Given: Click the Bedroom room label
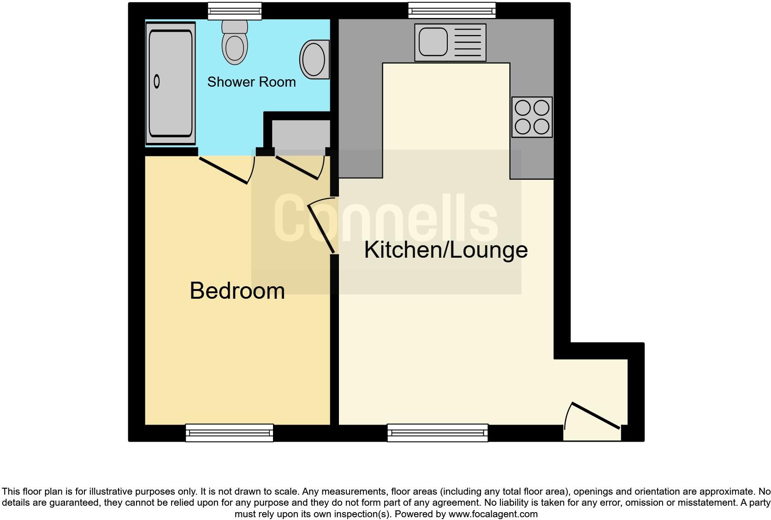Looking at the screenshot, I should coord(237,291).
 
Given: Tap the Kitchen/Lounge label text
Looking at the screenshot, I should coord(445,250).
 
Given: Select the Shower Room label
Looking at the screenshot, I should coord(251,82).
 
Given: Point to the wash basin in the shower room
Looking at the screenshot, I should coord(315,59).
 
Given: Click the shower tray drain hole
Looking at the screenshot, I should coord(157,82).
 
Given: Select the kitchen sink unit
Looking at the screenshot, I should coord(450,42).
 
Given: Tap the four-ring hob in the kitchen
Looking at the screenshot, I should coord(532,117).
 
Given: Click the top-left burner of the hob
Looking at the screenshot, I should coord(522,108).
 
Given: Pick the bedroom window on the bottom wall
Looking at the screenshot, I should coord(229,432).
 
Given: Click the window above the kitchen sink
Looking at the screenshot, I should coord(452,10).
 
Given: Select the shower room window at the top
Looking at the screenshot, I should coord(234,11).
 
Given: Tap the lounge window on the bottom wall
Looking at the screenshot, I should coord(437,432).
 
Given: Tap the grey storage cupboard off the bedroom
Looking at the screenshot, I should coord(301,135).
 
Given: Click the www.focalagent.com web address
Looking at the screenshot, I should coord(492,514).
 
